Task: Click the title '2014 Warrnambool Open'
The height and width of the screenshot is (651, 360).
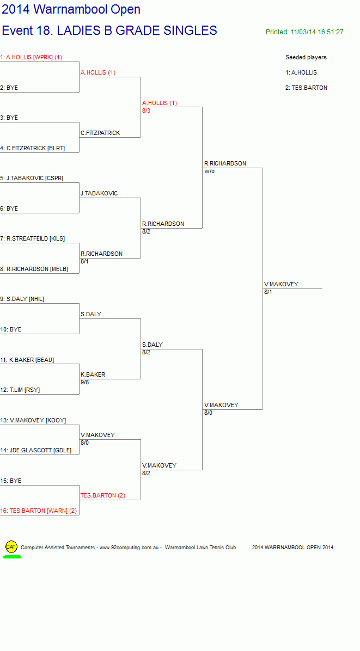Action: [x=71, y=9]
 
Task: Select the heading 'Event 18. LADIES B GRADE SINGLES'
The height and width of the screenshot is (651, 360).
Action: [x=109, y=30]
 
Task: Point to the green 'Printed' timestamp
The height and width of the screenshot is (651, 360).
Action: [x=304, y=32]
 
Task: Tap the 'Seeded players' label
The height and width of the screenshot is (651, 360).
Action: [x=306, y=57]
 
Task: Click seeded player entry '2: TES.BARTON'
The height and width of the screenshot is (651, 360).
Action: [x=306, y=88]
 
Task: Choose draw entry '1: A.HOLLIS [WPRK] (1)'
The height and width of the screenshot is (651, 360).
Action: [x=31, y=57]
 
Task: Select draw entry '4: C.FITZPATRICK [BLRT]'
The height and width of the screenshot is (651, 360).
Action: [x=32, y=148]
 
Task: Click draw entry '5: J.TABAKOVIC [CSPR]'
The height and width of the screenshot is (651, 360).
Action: [x=32, y=178]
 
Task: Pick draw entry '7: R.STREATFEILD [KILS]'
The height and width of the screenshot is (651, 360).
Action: [x=32, y=239]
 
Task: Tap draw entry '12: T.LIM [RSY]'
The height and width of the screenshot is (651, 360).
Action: [x=20, y=390]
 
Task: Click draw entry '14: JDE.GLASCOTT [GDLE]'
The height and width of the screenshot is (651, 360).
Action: [x=36, y=450]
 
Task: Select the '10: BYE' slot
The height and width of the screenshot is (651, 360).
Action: [x=11, y=329]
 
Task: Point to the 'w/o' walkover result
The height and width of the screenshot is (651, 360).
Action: [x=209, y=171]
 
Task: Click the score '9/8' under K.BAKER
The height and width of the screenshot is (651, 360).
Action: [x=85, y=382]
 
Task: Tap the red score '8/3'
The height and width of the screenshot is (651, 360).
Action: [x=146, y=110]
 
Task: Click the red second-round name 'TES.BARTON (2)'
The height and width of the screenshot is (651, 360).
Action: [x=103, y=495]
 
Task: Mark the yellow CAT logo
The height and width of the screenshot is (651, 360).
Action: [x=11, y=547]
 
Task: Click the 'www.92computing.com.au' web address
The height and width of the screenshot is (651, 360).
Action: [x=130, y=548]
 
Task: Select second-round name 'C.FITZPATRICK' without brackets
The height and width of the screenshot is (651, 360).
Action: [x=101, y=133]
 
